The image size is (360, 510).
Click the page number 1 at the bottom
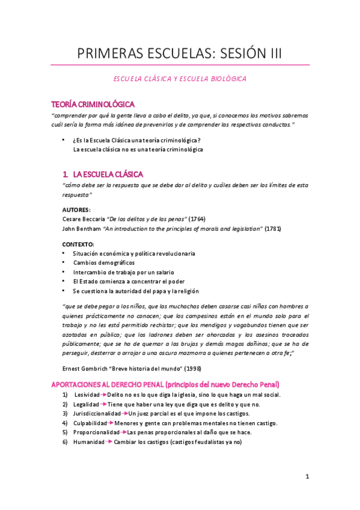[307, 477]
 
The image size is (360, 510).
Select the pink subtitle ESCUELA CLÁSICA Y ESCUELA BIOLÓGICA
[180, 78]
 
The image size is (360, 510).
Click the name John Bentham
[82, 229]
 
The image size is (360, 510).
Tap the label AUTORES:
[76, 209]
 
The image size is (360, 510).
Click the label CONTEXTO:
[79, 244]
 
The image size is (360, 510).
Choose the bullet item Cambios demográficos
[104, 263]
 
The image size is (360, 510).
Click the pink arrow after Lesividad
[103, 395]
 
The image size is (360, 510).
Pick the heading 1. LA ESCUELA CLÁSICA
[103, 174]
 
